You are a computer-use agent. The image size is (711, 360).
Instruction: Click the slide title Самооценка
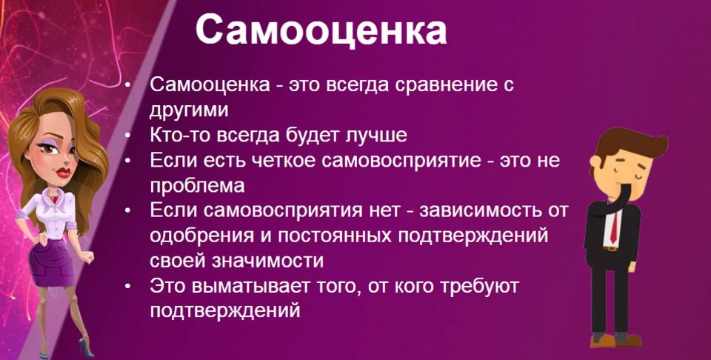[x=321, y=32]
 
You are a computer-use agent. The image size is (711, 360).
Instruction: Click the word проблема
[x=196, y=185]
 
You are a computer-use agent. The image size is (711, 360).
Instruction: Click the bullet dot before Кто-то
[x=129, y=136]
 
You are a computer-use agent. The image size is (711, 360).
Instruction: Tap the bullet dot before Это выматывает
[x=129, y=286]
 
